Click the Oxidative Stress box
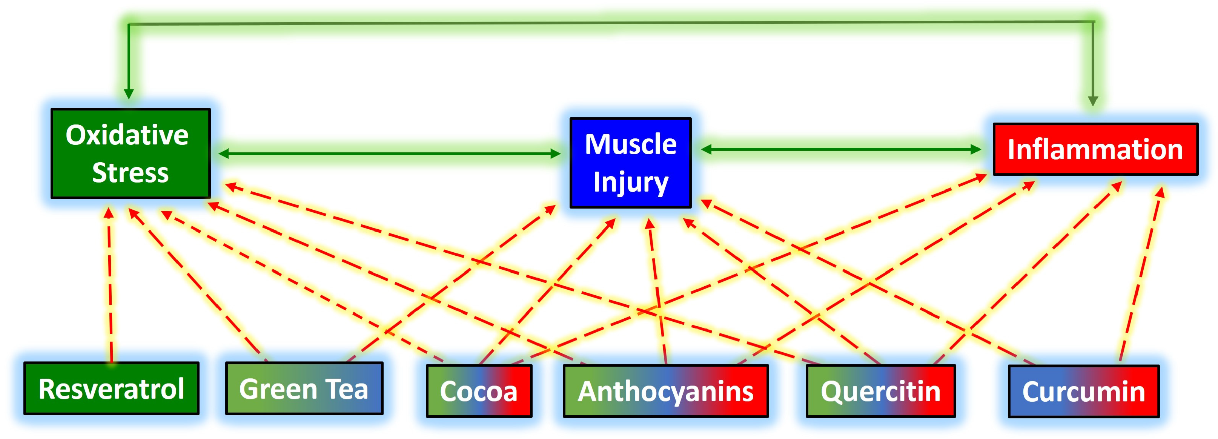click(x=131, y=153)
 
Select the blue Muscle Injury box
click(x=630, y=163)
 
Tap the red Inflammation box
click(x=1095, y=149)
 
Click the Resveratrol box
click(x=111, y=388)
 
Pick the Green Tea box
click(x=304, y=388)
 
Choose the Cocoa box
click(x=479, y=391)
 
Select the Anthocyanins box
click(x=665, y=391)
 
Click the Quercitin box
click(x=880, y=391)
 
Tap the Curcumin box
click(x=1083, y=391)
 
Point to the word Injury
click(x=630, y=183)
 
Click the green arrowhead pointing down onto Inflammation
click(x=1093, y=101)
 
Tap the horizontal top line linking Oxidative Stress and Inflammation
click(x=610, y=23)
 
